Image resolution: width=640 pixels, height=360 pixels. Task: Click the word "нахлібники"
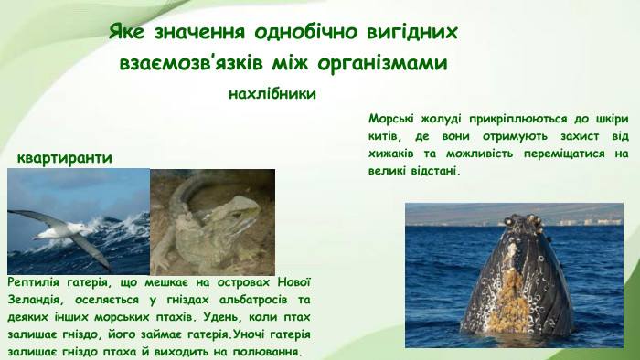pyautogui.click(x=272, y=93)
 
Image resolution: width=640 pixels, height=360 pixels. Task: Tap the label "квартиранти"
pyautogui.click(x=64, y=158)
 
